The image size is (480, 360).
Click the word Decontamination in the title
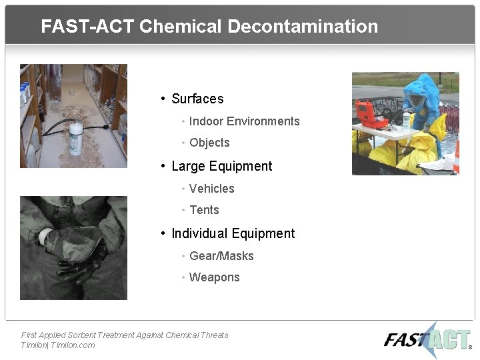coord(303,27)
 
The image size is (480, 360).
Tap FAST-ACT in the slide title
coord(88,27)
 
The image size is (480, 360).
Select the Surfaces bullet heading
coord(197,99)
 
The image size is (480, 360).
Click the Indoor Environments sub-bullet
coord(244,121)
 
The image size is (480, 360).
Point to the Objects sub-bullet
coord(209,143)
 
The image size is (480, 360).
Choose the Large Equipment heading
coord(221,166)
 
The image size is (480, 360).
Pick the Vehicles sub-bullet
coord(211,189)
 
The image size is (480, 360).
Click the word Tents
coord(204,210)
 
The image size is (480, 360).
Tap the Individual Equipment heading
coord(233,233)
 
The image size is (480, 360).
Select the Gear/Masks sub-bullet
coord(221,256)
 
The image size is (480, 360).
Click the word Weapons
coord(214,277)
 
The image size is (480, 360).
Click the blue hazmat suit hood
coord(419,90)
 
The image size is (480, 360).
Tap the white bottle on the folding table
coord(406,121)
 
